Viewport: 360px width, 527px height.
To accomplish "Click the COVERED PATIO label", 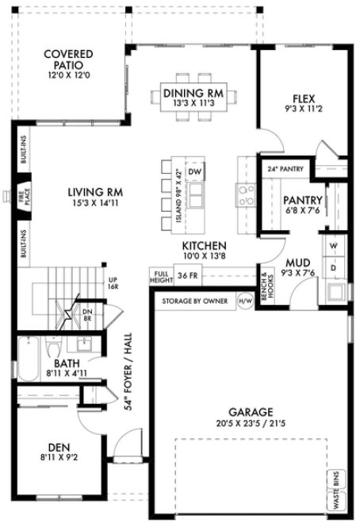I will [68, 61].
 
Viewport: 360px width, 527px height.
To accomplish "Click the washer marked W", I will [333, 246].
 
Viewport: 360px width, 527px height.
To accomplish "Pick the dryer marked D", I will [333, 267].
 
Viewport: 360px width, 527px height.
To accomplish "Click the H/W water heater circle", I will [243, 302].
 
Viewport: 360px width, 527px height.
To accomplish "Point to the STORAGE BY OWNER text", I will [193, 302].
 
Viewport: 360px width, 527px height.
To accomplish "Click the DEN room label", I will [53, 452].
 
